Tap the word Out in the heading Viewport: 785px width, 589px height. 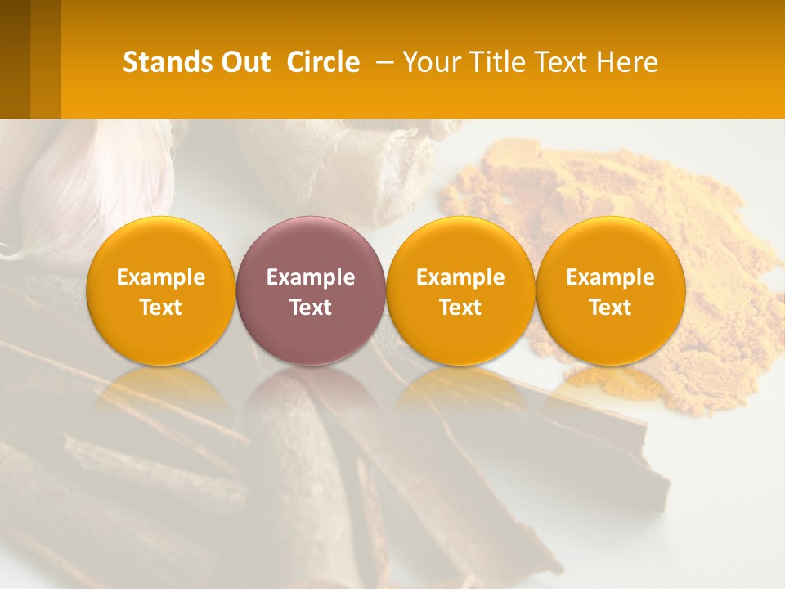244,62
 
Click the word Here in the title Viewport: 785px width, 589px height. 627,62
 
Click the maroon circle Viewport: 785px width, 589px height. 311,290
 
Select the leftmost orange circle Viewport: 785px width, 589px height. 160,290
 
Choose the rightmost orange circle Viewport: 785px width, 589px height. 610,290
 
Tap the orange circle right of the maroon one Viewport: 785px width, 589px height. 460,290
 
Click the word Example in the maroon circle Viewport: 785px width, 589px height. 311,277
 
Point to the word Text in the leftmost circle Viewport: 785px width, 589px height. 160,308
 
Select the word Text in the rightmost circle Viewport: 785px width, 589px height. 610,308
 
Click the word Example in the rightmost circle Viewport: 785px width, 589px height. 610,277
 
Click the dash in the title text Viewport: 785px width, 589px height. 381,62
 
